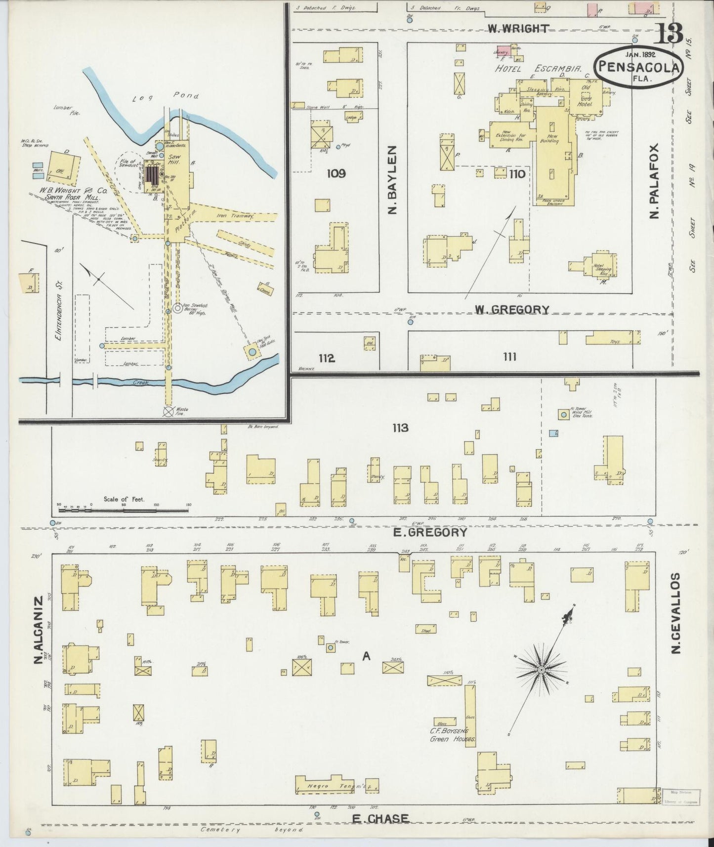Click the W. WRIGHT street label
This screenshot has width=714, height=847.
click(518, 29)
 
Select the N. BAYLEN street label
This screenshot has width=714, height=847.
click(393, 180)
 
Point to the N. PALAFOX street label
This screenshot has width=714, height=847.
click(655, 182)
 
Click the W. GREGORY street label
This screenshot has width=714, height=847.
click(512, 310)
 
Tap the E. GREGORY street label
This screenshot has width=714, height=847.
click(430, 532)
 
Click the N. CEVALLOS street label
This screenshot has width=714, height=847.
click(677, 613)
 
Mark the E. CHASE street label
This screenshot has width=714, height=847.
click(380, 819)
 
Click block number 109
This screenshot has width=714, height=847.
click(336, 173)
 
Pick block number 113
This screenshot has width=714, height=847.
click(400, 428)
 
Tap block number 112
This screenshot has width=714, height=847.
click(327, 358)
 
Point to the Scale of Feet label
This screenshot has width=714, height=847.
click(124, 499)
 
